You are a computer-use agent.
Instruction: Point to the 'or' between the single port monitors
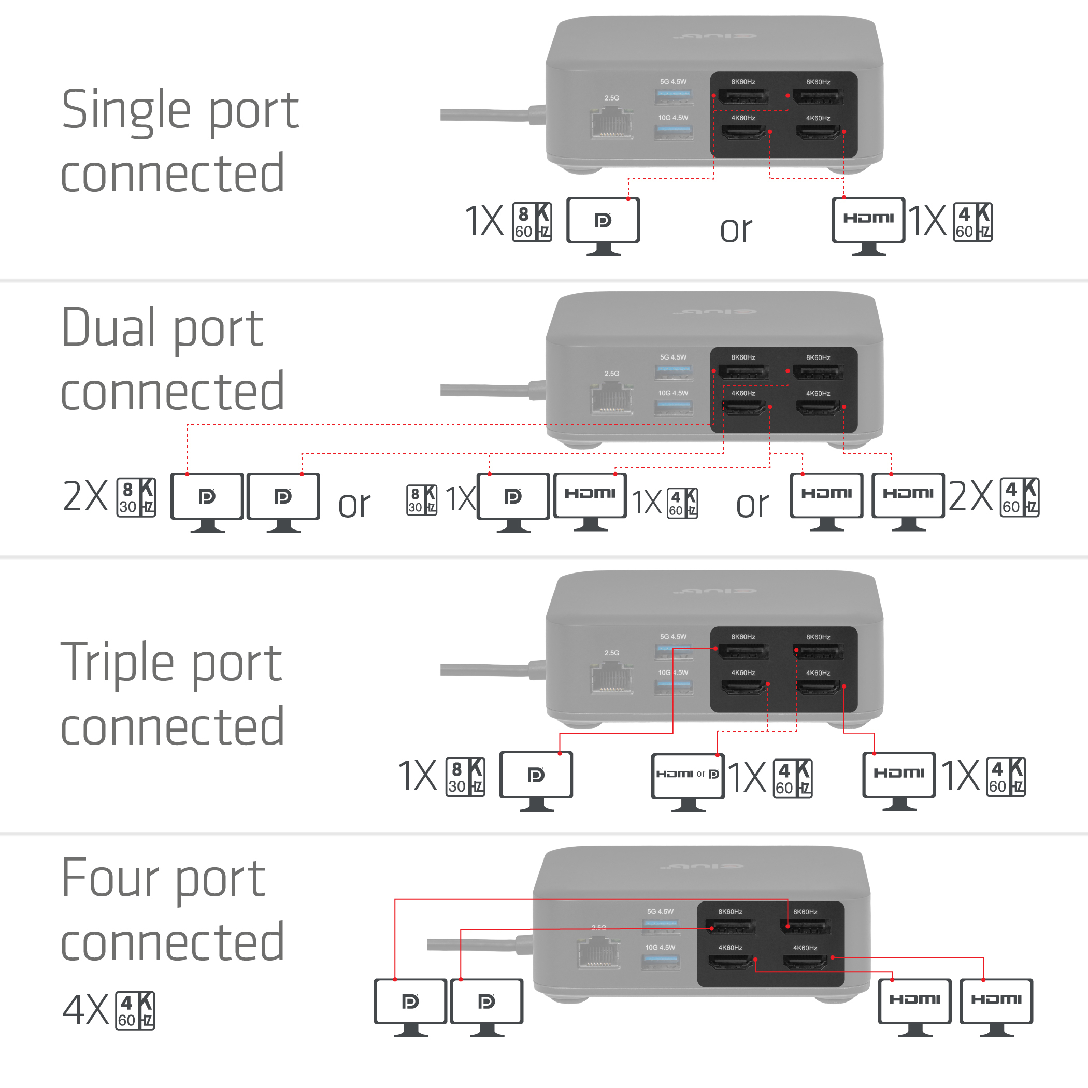tap(736, 230)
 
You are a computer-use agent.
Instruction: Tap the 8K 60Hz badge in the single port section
tap(532, 222)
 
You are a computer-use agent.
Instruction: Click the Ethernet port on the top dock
tap(611, 124)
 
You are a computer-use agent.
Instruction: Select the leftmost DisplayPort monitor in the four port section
tap(410, 1003)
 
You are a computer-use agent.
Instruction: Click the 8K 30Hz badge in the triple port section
tap(465, 777)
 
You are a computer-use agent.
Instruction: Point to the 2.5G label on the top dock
tap(611, 98)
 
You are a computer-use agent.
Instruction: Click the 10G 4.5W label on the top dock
tap(673, 118)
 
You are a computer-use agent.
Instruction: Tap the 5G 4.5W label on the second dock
tap(673, 357)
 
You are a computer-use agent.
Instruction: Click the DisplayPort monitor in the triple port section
tap(536, 776)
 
